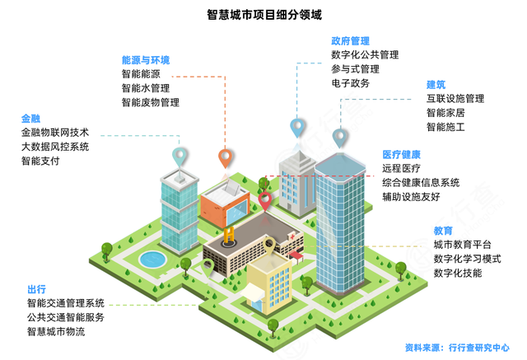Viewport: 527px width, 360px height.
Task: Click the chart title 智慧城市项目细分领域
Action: pos(264,15)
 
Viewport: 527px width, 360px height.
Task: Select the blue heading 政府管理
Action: pos(350,41)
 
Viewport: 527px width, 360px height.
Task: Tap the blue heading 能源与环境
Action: pos(146,60)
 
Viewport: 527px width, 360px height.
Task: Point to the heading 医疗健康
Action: pos(401,155)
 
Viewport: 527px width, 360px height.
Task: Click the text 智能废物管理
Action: pos(150,102)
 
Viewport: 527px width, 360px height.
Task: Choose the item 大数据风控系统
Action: pos(55,147)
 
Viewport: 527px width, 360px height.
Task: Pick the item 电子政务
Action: pos(350,83)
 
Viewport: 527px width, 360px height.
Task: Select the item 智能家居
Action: pos(445,113)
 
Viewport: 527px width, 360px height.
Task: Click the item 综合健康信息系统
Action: pos(421,183)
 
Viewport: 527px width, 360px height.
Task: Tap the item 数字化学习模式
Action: pos(467,259)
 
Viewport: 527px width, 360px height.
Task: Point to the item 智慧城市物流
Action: pos(56,331)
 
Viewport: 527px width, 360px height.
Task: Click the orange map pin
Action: pos(225,158)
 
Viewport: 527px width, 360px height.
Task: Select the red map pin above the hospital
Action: pos(265,201)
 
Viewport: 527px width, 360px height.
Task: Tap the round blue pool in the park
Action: pos(152,259)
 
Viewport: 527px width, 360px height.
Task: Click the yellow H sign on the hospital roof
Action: pos(229,235)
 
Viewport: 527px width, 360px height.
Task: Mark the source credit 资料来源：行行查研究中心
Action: pos(458,348)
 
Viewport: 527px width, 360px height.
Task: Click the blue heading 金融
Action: pos(30,119)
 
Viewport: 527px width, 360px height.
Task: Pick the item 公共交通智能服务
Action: pos(66,317)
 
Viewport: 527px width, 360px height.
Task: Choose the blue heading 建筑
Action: pos(436,85)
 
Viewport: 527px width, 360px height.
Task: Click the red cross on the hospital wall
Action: pos(292,236)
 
